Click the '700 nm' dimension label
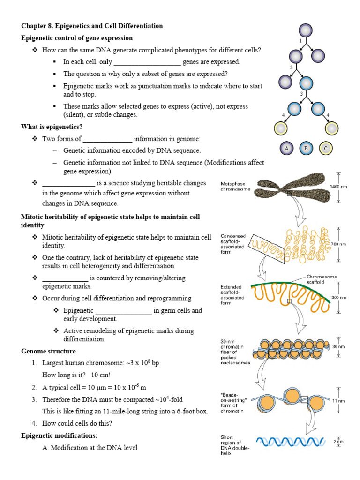tap(339, 244)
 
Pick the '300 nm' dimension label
tap(338, 297)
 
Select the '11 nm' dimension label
tap(338, 401)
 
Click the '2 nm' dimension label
tap(338, 441)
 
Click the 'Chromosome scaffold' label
tap(322, 280)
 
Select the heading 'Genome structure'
tap(48, 351)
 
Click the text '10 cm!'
tap(101, 375)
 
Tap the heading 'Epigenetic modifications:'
tap(59, 435)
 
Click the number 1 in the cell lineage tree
tap(300, 41)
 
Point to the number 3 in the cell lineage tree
tap(301, 94)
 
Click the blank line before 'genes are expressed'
tap(147, 62)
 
